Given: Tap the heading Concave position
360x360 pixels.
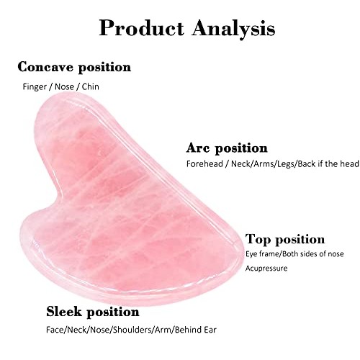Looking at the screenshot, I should (74, 67).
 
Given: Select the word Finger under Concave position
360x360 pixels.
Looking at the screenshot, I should (35, 86).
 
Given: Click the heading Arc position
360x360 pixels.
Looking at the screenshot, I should (226, 148).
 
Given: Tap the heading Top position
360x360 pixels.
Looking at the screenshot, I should (285, 239).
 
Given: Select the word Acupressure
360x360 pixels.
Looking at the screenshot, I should (267, 268).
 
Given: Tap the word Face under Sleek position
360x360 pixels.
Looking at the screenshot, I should (55, 330).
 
